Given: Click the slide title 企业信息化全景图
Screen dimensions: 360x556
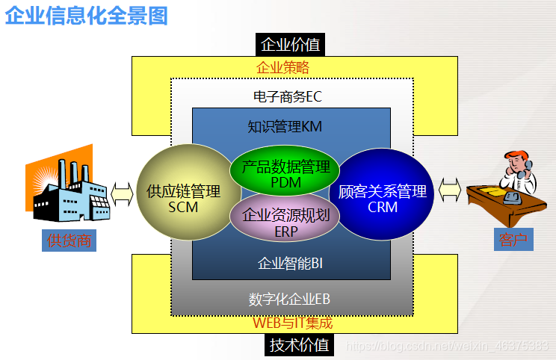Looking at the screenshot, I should (87, 15).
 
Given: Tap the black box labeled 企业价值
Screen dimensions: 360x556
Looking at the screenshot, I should (291, 45).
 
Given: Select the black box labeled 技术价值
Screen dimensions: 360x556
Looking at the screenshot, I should (299, 344).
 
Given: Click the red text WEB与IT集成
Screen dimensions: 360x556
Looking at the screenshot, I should (292, 323).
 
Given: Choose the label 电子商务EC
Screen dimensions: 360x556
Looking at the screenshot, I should (288, 97).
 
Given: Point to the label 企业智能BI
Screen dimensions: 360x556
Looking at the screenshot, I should (290, 263).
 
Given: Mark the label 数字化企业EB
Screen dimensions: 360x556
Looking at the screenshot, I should (290, 300).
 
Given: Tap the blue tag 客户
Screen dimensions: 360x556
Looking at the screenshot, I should (512, 240).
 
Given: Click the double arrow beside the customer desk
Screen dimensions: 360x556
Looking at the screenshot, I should (450, 190).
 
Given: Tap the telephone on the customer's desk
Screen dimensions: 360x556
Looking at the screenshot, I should (513, 198).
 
